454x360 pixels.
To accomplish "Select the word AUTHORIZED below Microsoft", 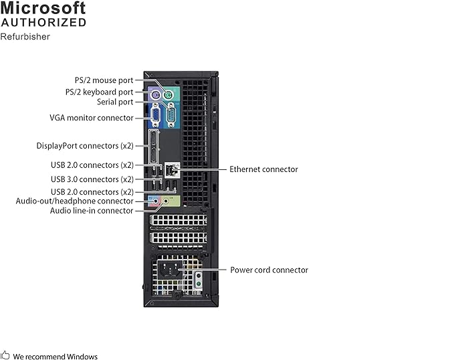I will tap(43, 23).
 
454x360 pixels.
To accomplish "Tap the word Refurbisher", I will tap(25, 37).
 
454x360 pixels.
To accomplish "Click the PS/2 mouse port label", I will tap(104, 80).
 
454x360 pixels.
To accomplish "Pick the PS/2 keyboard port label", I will tap(99, 92).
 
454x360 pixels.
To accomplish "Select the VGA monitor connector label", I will tap(92, 117).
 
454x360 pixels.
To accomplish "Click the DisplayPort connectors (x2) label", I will tap(85, 145).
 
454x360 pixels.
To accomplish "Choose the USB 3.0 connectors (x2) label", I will tap(92, 179).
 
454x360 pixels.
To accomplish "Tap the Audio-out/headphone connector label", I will tap(75, 201).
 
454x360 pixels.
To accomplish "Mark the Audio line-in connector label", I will tap(92, 211).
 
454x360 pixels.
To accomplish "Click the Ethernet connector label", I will tap(263, 169).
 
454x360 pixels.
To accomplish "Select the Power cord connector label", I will tap(269, 270).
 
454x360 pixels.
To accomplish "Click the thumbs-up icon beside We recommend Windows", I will tap(5, 355).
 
